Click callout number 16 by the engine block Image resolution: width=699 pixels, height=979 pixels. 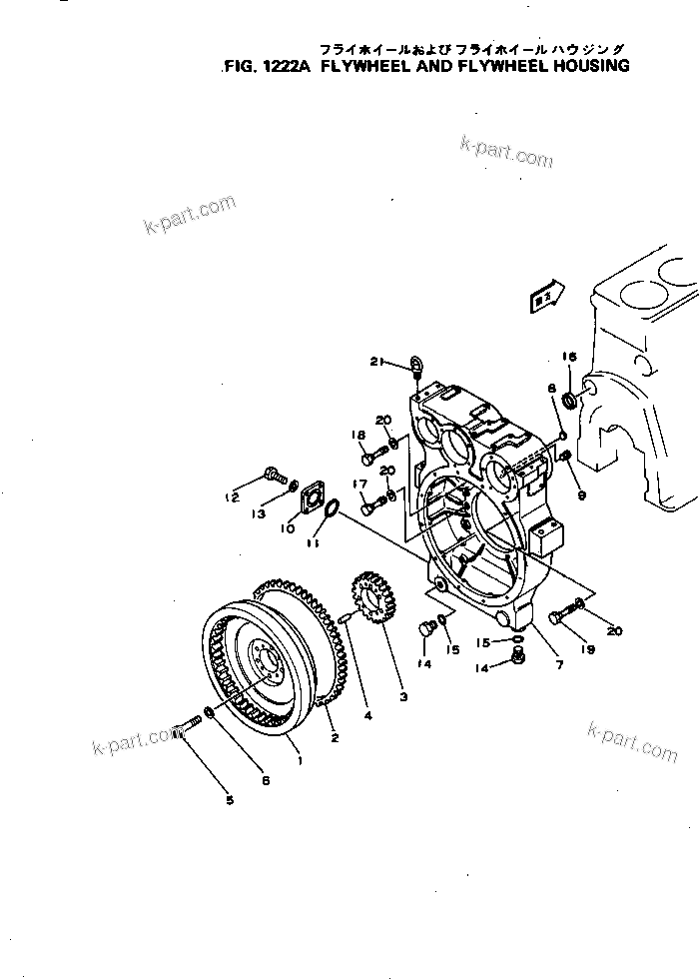(569, 357)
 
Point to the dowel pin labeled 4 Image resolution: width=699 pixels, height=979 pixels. (345, 619)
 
